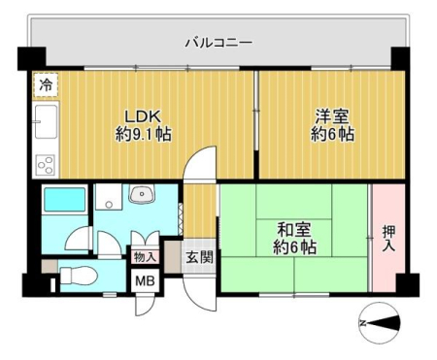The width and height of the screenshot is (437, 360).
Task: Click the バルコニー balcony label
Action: click(x=218, y=43)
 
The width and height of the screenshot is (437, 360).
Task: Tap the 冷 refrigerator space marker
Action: click(x=46, y=84)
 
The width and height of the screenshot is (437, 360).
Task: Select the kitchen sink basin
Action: click(x=46, y=121)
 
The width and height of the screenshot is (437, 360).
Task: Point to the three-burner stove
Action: click(x=46, y=165)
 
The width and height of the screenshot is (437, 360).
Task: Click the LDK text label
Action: click(x=143, y=116)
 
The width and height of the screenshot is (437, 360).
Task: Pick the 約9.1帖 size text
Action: click(x=144, y=134)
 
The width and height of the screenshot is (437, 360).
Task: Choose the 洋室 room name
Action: click(x=332, y=116)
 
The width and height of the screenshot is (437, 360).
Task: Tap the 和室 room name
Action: click(x=294, y=230)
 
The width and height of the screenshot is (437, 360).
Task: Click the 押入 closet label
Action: click(x=388, y=239)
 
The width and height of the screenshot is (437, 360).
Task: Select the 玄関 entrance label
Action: click(x=199, y=257)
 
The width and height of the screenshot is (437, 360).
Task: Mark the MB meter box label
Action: click(x=145, y=280)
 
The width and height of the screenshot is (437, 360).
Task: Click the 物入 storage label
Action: click(x=145, y=257)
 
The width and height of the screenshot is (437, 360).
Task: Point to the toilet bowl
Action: click(x=79, y=276)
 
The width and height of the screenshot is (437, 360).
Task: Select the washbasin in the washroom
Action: click(x=142, y=194)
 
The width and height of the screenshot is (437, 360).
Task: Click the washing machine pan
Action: click(x=109, y=197)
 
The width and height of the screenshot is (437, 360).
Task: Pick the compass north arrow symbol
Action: click(x=380, y=323)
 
